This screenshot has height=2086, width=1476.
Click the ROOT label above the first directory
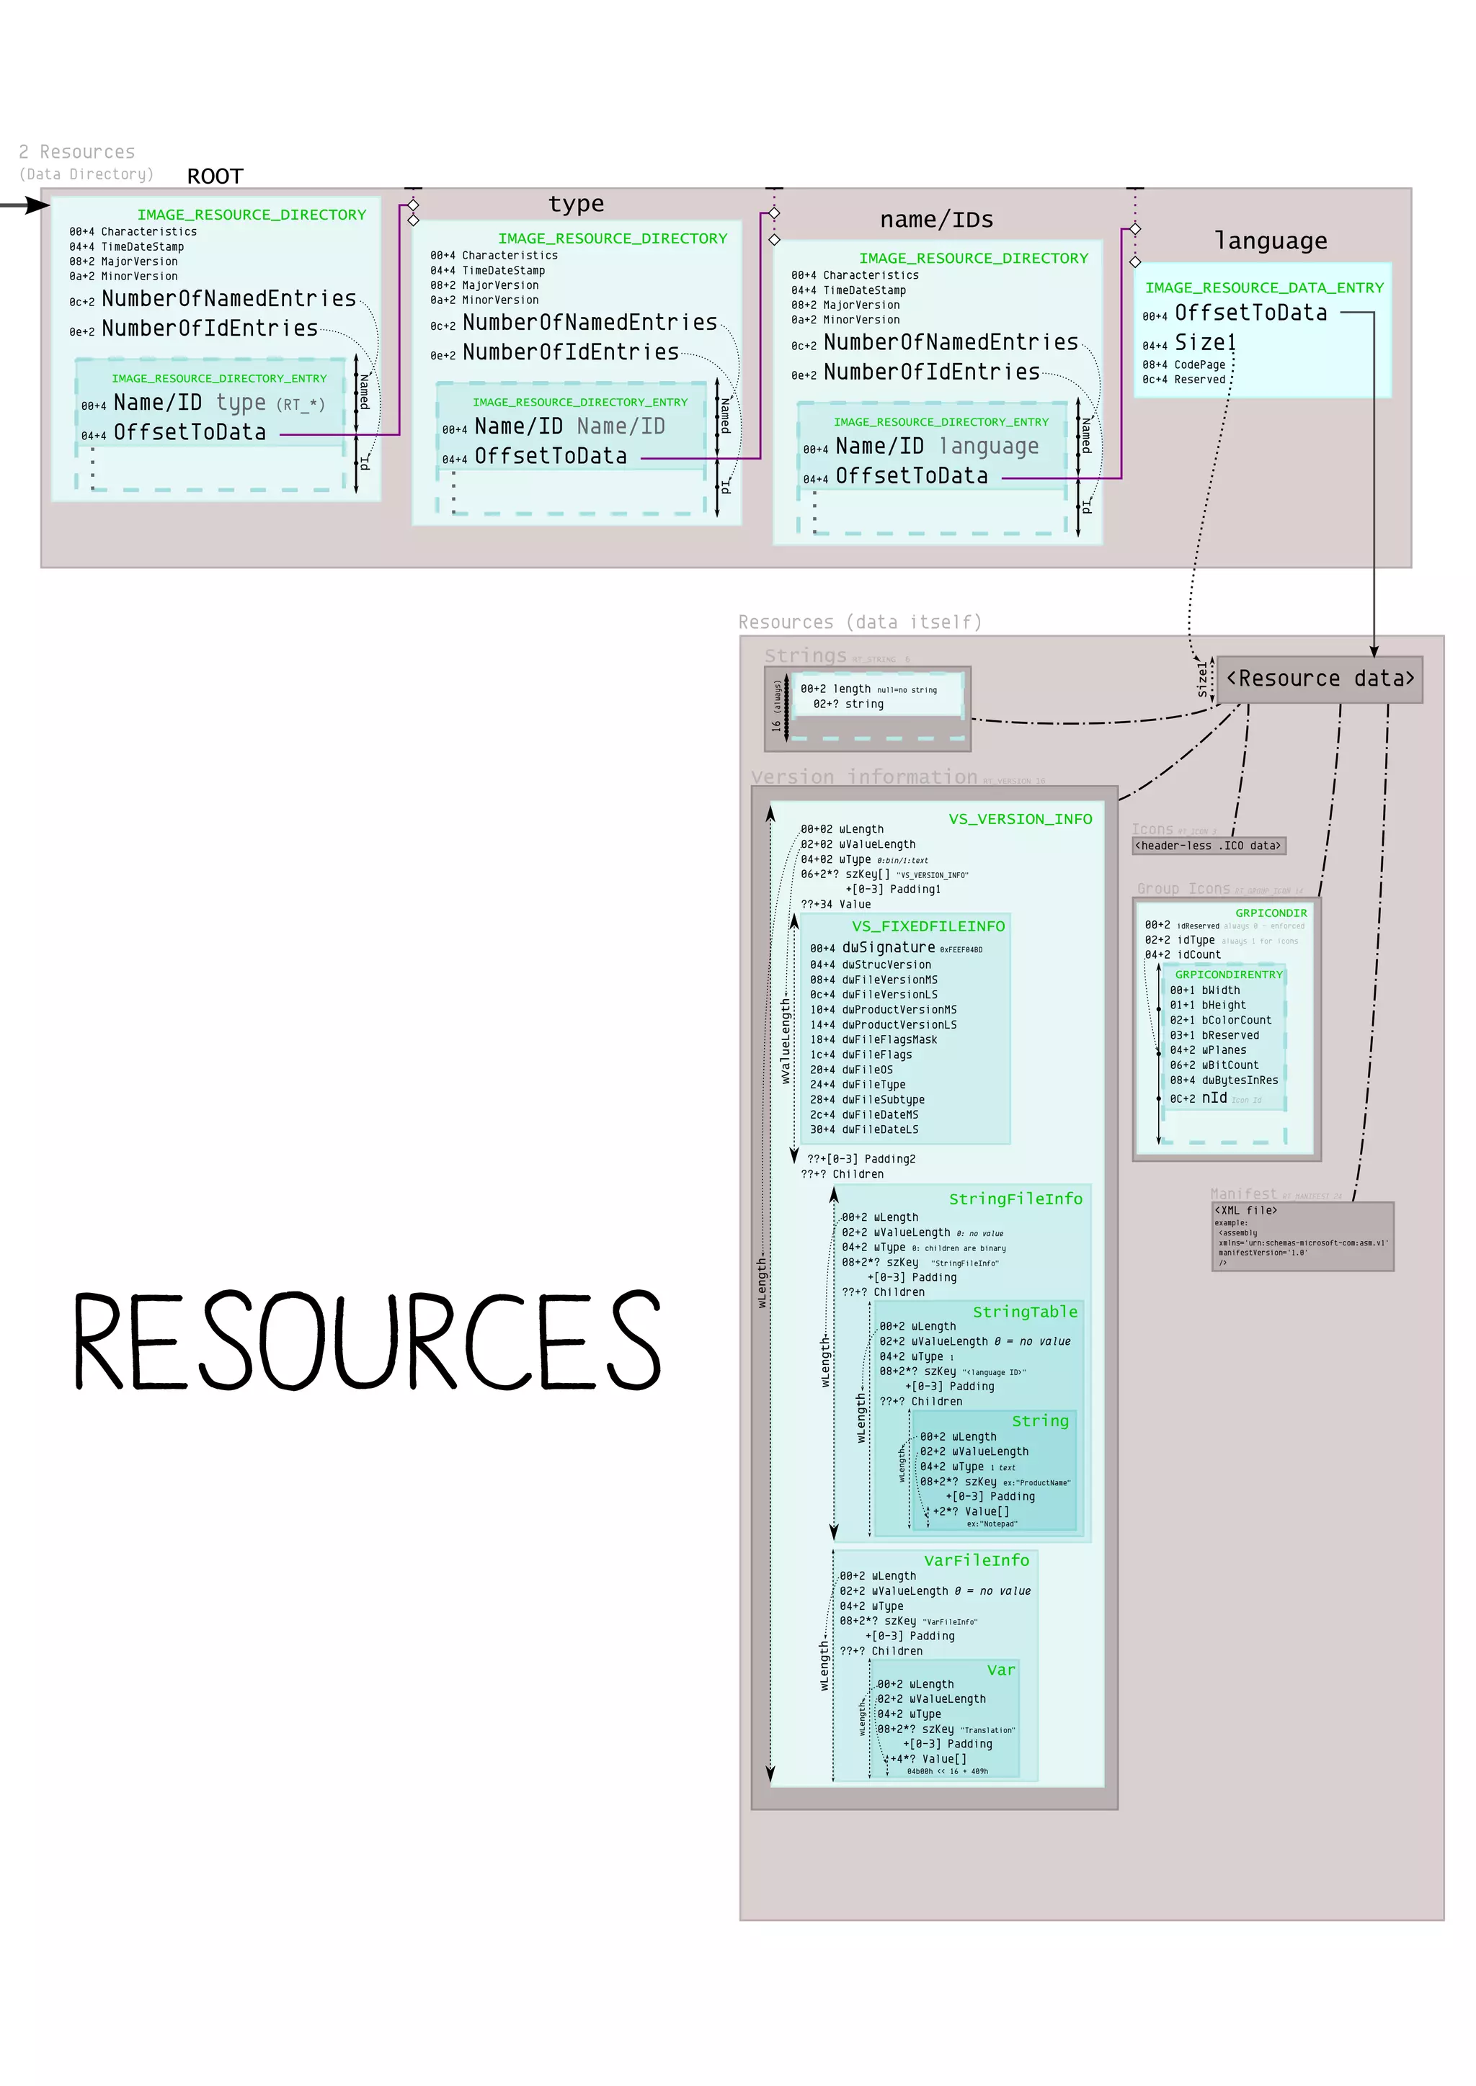215,176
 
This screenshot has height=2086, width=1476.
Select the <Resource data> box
1320,679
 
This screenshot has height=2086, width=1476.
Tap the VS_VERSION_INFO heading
1020,818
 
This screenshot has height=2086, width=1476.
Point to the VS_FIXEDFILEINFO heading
928,926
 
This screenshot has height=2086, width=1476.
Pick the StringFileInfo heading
1015,1199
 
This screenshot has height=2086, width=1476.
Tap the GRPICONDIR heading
1271,912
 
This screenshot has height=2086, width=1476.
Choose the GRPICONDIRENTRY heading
1228,974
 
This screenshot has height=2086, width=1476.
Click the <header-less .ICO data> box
1208,846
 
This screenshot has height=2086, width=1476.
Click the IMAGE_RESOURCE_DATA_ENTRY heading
1263,287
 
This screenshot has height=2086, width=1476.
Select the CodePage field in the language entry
1199,364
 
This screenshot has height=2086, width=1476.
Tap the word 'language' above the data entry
1271,241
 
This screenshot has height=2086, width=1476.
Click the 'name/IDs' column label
936,220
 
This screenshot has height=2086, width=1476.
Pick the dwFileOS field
866,1070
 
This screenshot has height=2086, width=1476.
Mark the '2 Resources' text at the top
77,152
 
